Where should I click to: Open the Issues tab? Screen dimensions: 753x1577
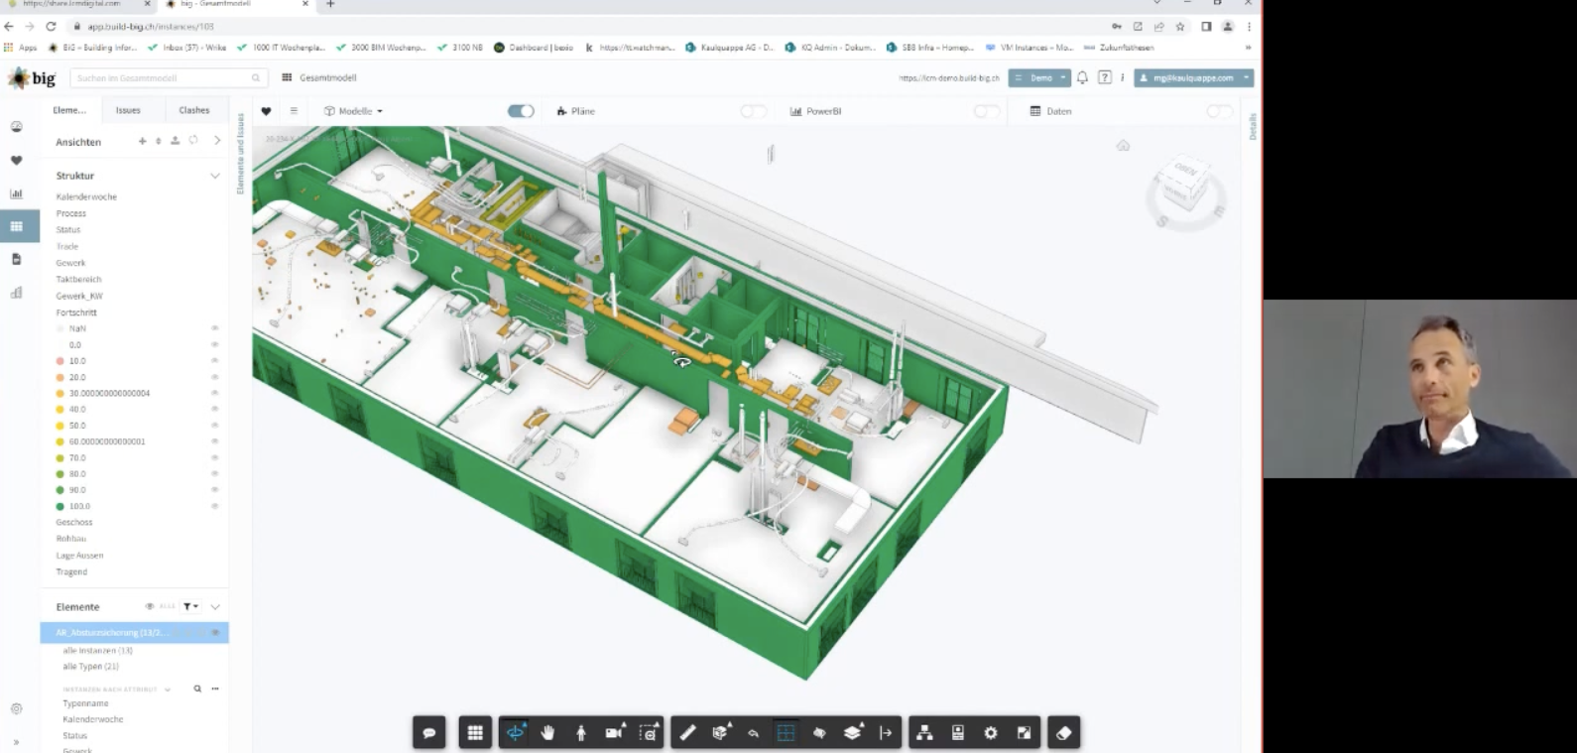pyautogui.click(x=128, y=110)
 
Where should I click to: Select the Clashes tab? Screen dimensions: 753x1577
pyautogui.click(x=194, y=110)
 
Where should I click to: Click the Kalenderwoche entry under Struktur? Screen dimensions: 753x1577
pyautogui.click(x=86, y=196)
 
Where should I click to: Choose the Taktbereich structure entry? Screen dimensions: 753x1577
pyautogui.click(x=78, y=279)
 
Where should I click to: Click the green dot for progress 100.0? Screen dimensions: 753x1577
pyautogui.click(x=61, y=506)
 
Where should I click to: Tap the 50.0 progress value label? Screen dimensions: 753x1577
pyautogui.click(x=77, y=426)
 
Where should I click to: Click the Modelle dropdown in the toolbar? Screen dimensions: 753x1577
pyautogui.click(x=354, y=111)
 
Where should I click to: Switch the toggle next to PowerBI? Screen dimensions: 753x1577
pyautogui.click(x=986, y=111)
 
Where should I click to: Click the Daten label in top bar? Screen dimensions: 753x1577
pyautogui.click(x=1058, y=111)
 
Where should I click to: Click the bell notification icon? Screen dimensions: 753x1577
pyautogui.click(x=1082, y=77)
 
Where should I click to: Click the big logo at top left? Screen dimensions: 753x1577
pyautogui.click(x=33, y=77)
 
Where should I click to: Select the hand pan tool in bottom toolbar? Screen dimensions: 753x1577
pyautogui.click(x=547, y=733)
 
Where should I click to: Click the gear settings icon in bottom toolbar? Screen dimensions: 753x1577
pyautogui.click(x=990, y=733)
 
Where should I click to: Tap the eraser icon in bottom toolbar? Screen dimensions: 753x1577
pyautogui.click(x=1063, y=733)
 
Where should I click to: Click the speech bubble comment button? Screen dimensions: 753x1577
pyautogui.click(x=429, y=733)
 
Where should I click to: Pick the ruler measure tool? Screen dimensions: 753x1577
pyautogui.click(x=687, y=733)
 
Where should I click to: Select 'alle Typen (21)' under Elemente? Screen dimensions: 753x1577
pyautogui.click(x=90, y=667)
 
